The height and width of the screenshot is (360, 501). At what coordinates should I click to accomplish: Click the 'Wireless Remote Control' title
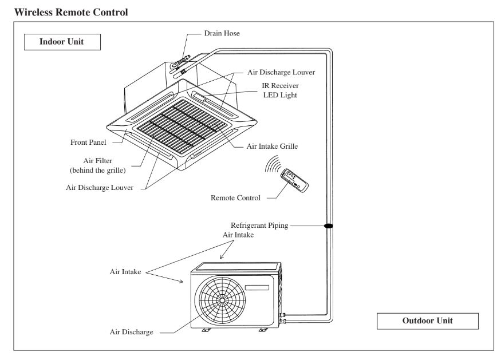click(x=66, y=11)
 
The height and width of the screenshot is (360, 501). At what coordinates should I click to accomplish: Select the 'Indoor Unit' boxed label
click(x=62, y=42)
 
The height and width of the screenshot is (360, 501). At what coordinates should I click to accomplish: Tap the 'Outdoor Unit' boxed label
click(x=427, y=321)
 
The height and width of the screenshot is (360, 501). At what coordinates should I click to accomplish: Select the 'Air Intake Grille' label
click(x=271, y=146)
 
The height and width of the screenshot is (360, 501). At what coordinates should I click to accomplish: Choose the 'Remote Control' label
click(x=236, y=197)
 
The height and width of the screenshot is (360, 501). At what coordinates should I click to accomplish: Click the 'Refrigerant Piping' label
click(x=259, y=226)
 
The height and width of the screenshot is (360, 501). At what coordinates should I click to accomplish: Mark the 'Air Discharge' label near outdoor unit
click(x=131, y=332)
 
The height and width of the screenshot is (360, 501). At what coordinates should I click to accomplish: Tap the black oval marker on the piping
click(x=329, y=226)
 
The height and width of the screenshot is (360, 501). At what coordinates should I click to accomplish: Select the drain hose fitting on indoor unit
click(x=183, y=61)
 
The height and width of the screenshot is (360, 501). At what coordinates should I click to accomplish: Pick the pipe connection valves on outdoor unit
click(x=282, y=318)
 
